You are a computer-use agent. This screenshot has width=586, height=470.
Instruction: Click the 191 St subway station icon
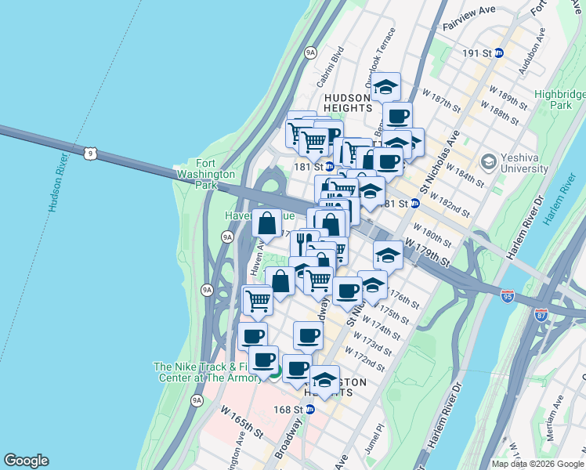coord(498,52)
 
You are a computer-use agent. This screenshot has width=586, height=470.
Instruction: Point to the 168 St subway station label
coord(288,410)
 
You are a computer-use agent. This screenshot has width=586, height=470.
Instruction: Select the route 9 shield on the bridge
coord(92,154)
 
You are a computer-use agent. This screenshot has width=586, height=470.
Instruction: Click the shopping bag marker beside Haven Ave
coord(267,222)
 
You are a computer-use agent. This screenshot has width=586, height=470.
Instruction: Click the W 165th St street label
coord(241,421)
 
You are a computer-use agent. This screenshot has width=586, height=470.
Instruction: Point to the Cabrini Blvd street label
coord(331,67)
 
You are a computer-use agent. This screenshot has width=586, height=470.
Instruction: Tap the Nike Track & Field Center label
coord(208,372)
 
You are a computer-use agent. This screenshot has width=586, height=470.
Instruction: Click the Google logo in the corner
coord(26,461)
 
